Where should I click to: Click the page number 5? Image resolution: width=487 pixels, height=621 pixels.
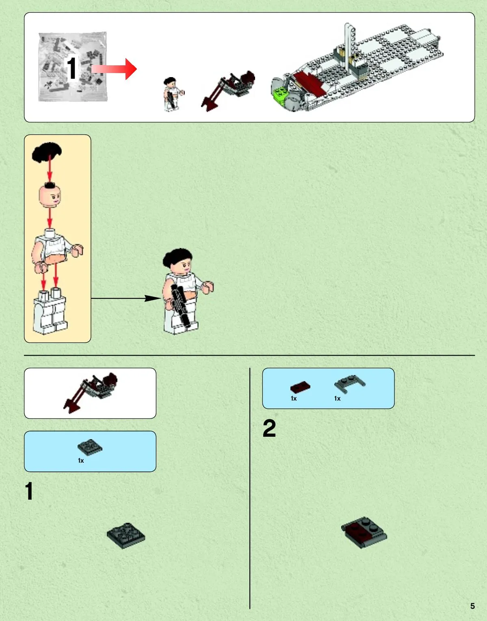pos(472,606)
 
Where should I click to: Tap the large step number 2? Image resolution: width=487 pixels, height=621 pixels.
pos(269,428)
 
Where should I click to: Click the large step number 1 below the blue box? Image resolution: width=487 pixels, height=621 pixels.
pos(29,491)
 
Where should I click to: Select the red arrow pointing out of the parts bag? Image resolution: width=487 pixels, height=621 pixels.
pos(114,69)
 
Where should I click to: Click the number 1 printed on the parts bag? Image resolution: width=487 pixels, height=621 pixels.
pos(71,68)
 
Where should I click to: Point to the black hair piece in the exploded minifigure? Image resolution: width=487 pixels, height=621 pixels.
pos(47,152)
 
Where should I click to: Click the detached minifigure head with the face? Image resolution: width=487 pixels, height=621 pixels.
pos(50,196)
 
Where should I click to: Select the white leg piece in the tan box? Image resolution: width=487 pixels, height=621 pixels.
pos(50,311)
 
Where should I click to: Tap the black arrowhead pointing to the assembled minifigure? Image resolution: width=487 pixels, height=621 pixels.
pos(153,298)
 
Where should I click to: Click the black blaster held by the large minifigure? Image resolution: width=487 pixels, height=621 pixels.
pos(180,306)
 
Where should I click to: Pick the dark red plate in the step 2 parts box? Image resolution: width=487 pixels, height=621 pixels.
pos(300,387)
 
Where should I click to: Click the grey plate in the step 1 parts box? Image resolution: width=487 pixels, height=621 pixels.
pos(90,447)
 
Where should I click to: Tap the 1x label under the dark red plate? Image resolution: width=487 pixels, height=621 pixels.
pos(294,399)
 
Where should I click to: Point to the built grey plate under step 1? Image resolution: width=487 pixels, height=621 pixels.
pos(126,535)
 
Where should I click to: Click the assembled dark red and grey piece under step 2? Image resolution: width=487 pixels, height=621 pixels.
pos(364,533)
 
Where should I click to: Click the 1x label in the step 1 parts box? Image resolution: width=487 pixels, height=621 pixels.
pos(81,461)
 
